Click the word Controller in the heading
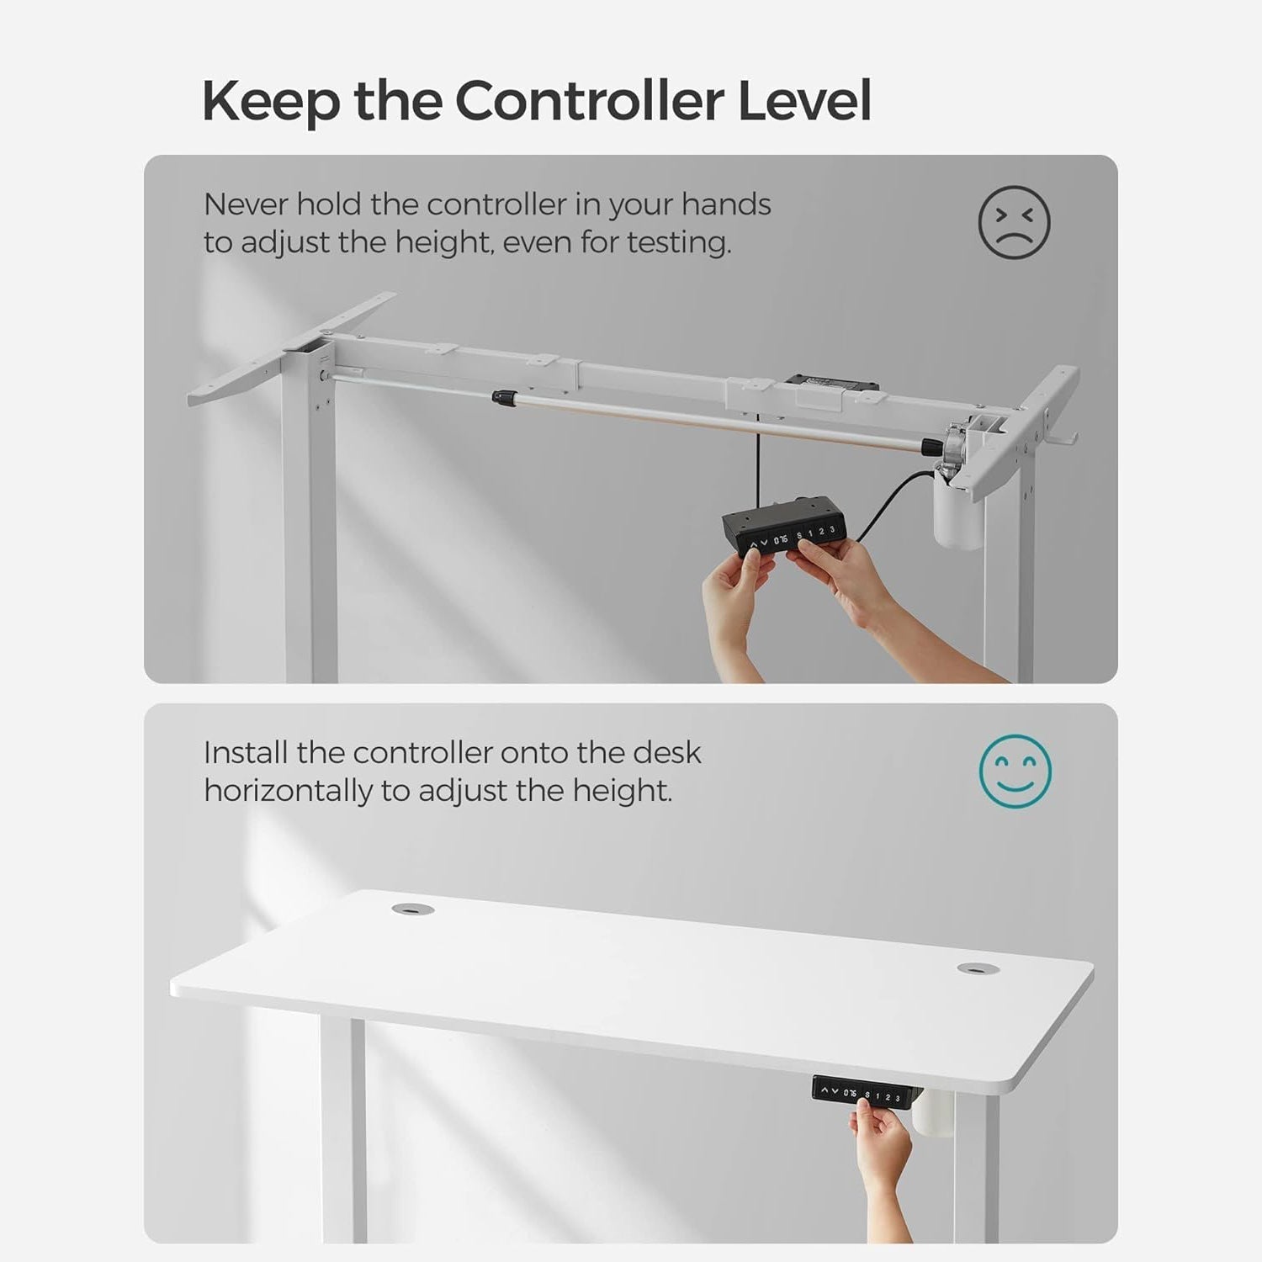click(x=590, y=100)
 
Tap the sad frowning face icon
click(x=1014, y=222)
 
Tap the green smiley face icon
click(x=1015, y=770)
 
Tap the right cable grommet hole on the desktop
click(x=976, y=968)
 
